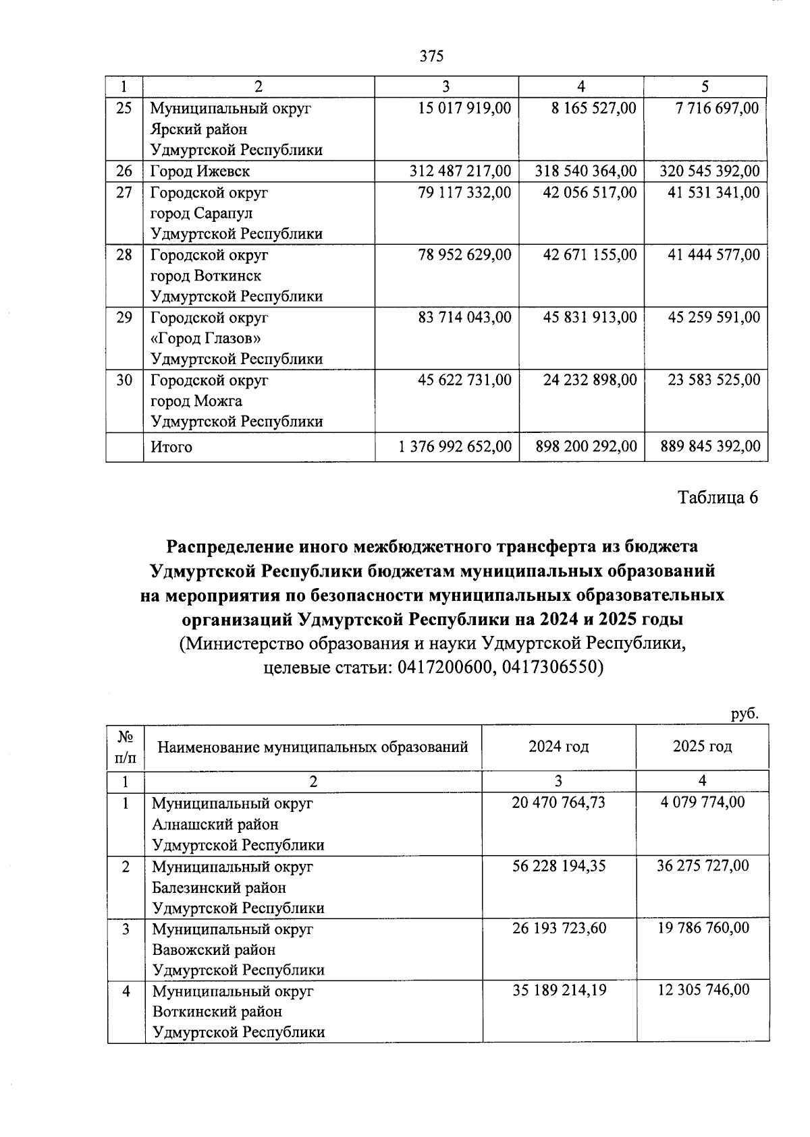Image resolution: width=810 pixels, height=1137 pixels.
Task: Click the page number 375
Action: [x=431, y=56]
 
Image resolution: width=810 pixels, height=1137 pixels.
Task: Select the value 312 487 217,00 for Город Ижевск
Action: [x=460, y=171]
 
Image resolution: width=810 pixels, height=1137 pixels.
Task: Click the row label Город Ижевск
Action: [x=200, y=171]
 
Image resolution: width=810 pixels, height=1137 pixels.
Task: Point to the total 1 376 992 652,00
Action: [x=455, y=446]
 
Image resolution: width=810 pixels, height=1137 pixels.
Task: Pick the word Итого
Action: [x=171, y=447]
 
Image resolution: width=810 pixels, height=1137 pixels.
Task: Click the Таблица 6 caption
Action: [x=718, y=498]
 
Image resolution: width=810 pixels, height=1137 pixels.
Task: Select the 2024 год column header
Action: [x=558, y=747]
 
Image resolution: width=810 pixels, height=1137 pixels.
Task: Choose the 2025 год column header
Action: [x=702, y=747]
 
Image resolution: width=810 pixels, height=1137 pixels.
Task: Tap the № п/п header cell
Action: [x=126, y=747]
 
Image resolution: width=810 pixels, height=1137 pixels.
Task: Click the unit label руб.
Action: [x=745, y=714]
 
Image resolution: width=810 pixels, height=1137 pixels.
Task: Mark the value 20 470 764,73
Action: [x=558, y=803]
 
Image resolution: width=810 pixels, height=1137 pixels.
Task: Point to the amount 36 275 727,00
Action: [x=703, y=866]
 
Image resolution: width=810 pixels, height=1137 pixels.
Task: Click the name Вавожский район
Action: [x=214, y=950]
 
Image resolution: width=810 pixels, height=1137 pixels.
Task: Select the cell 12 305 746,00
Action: [x=703, y=990]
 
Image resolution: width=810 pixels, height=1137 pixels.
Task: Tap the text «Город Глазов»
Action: [x=205, y=339]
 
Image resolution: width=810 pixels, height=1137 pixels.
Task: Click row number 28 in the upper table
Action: [x=124, y=255]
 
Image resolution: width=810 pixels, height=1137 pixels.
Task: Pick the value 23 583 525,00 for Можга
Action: [x=713, y=380]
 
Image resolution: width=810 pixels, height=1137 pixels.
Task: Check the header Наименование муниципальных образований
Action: [x=313, y=747]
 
